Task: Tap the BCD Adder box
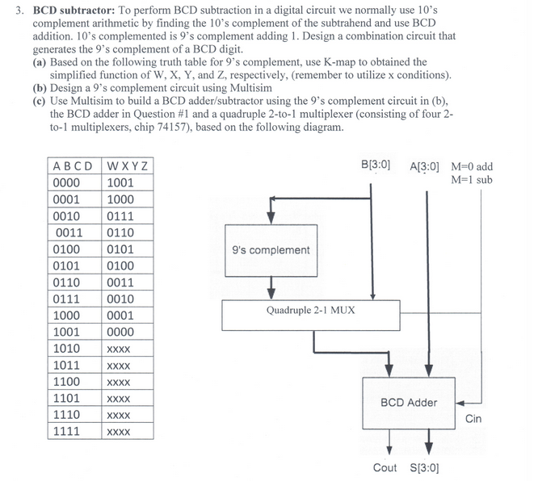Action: tap(409, 402)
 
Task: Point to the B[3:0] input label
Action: tap(376, 166)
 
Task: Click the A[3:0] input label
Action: tap(425, 167)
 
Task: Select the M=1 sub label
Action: tap(473, 180)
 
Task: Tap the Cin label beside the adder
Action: tap(474, 420)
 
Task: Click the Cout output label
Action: tap(385, 468)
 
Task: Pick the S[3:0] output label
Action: tap(426, 468)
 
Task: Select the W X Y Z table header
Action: tap(128, 167)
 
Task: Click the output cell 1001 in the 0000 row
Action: tap(120, 183)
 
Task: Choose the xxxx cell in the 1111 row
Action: tap(119, 432)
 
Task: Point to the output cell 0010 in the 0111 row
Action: tap(120, 299)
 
